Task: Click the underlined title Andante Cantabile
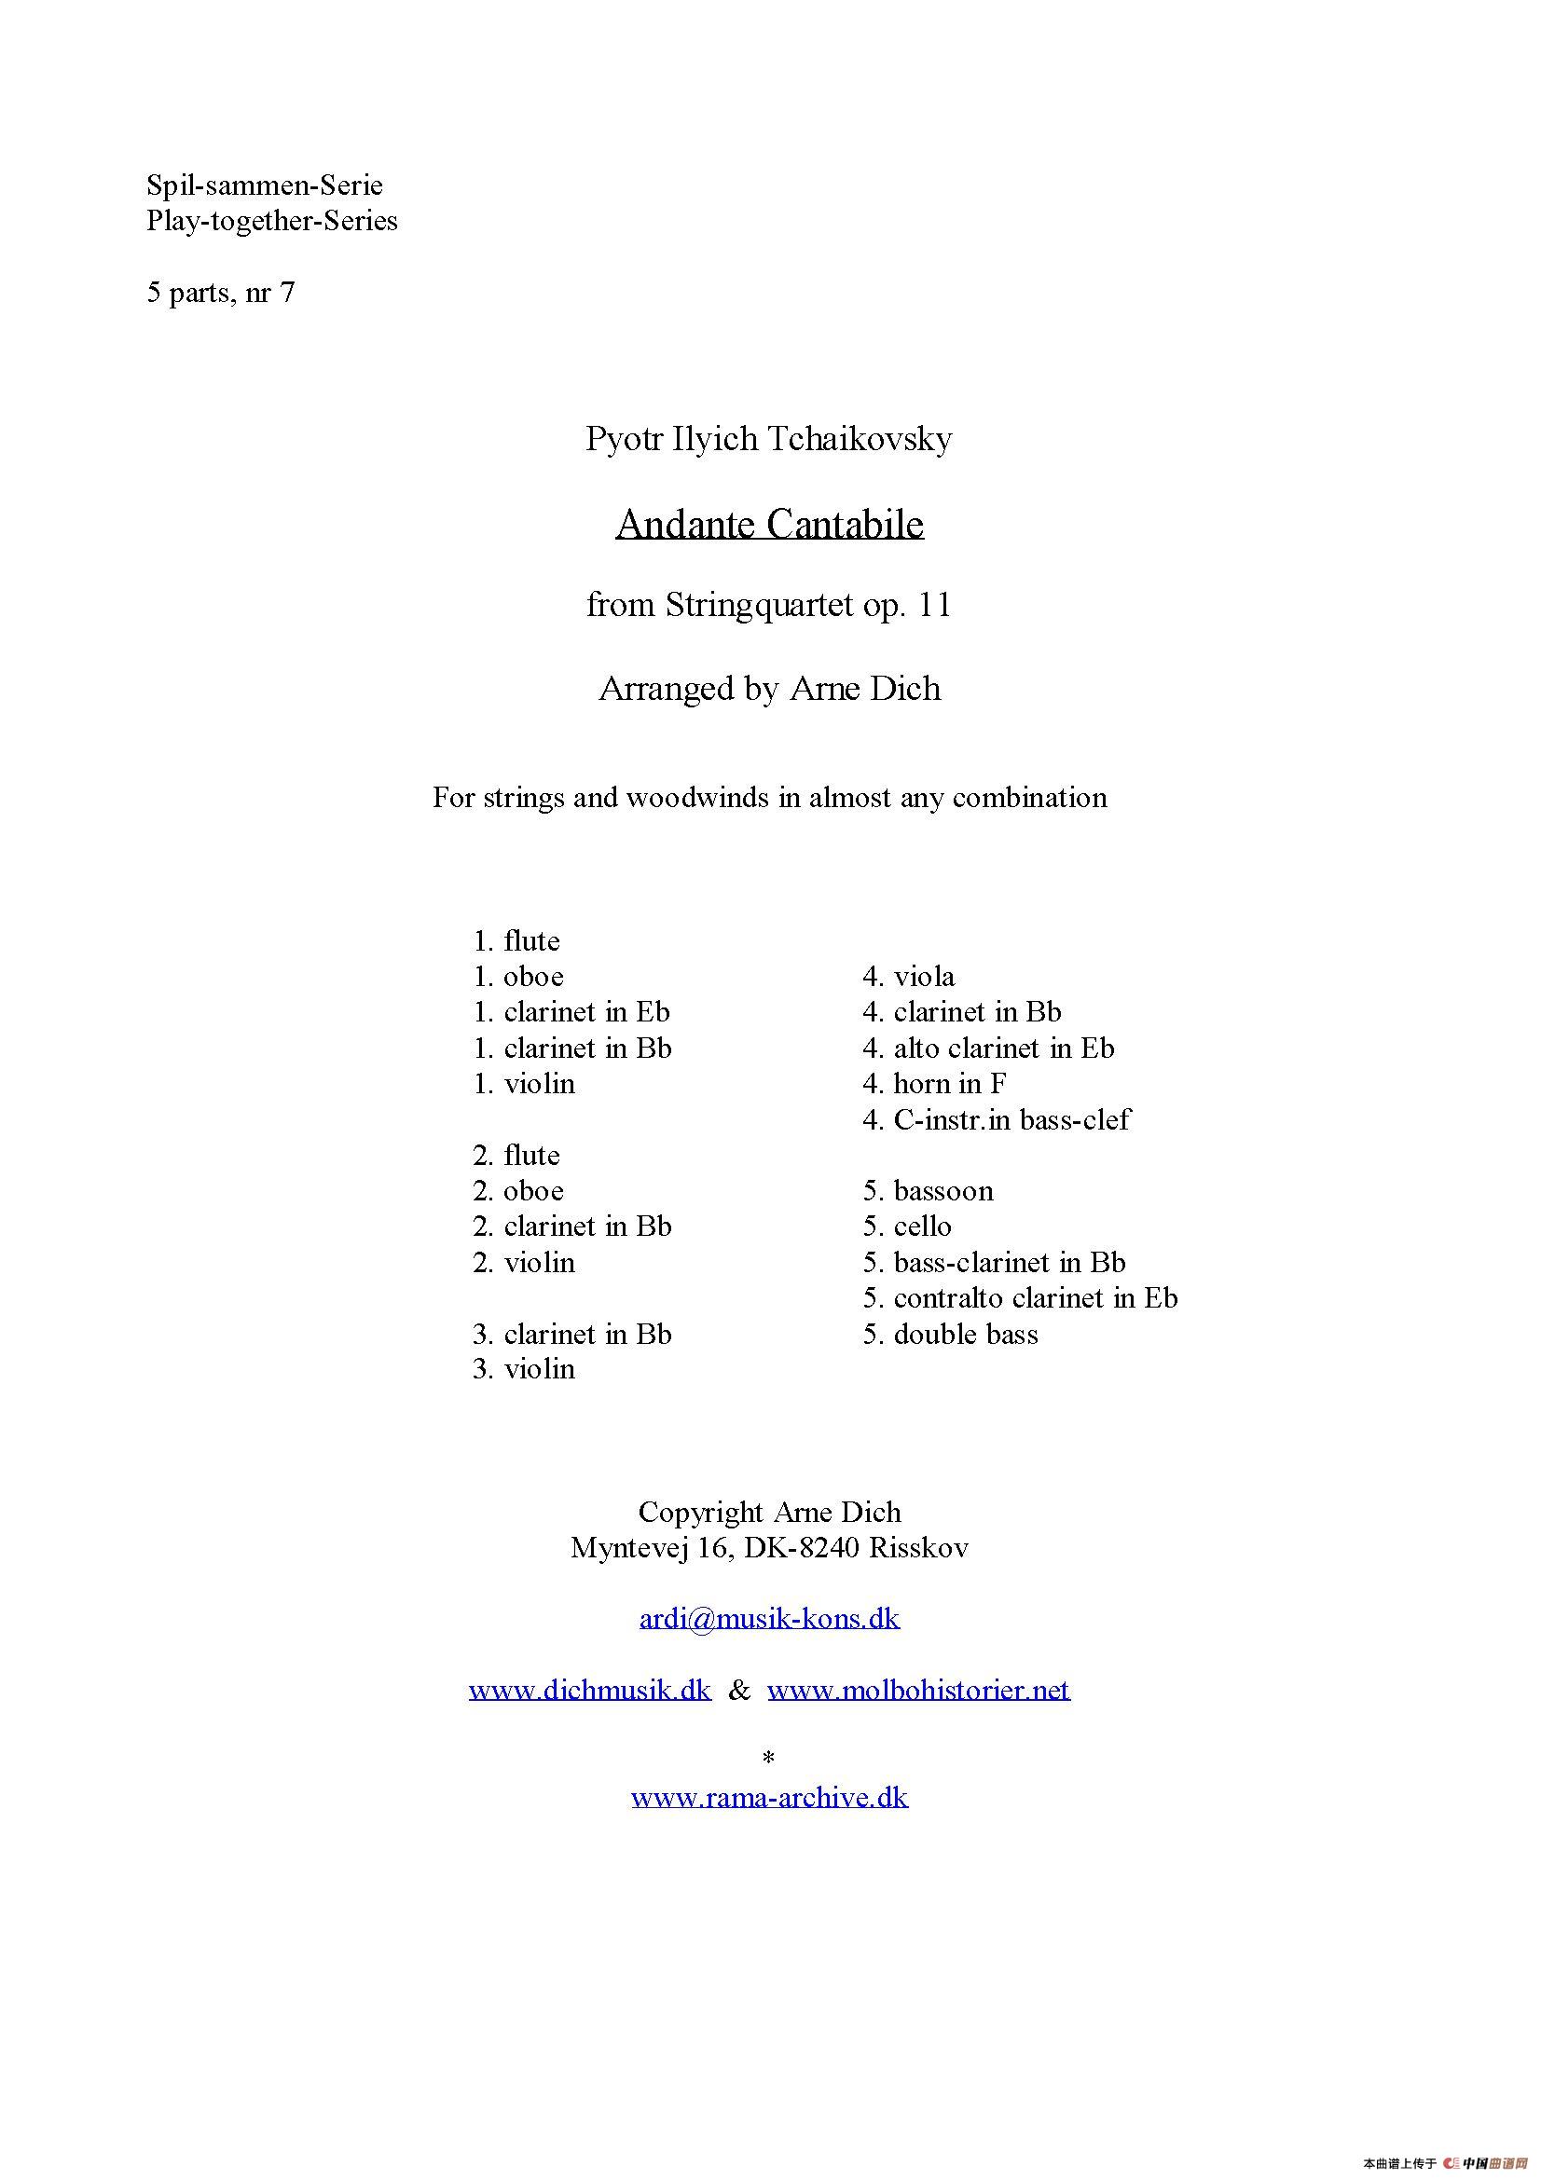[x=769, y=524]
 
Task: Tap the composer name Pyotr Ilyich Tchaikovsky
[x=769, y=438]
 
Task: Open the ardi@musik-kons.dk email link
[x=769, y=1618]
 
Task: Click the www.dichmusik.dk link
[x=589, y=1690]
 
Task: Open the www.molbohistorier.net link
[x=918, y=1690]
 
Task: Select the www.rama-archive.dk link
[x=769, y=1797]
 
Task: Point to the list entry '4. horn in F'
[x=934, y=1084]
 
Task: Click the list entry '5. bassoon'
[x=928, y=1191]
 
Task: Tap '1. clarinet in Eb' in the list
[x=571, y=1013]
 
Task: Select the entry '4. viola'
[x=909, y=977]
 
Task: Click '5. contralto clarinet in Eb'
[x=1020, y=1298]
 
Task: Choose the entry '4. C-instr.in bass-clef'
[x=996, y=1120]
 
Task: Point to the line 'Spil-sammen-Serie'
[x=265, y=185]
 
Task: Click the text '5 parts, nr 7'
[x=220, y=293]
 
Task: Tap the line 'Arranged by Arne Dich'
[x=769, y=688]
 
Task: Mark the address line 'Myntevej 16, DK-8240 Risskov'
[x=769, y=1548]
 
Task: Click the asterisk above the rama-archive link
[x=769, y=1758]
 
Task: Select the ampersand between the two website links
[x=738, y=1690]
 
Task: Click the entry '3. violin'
[x=524, y=1369]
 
